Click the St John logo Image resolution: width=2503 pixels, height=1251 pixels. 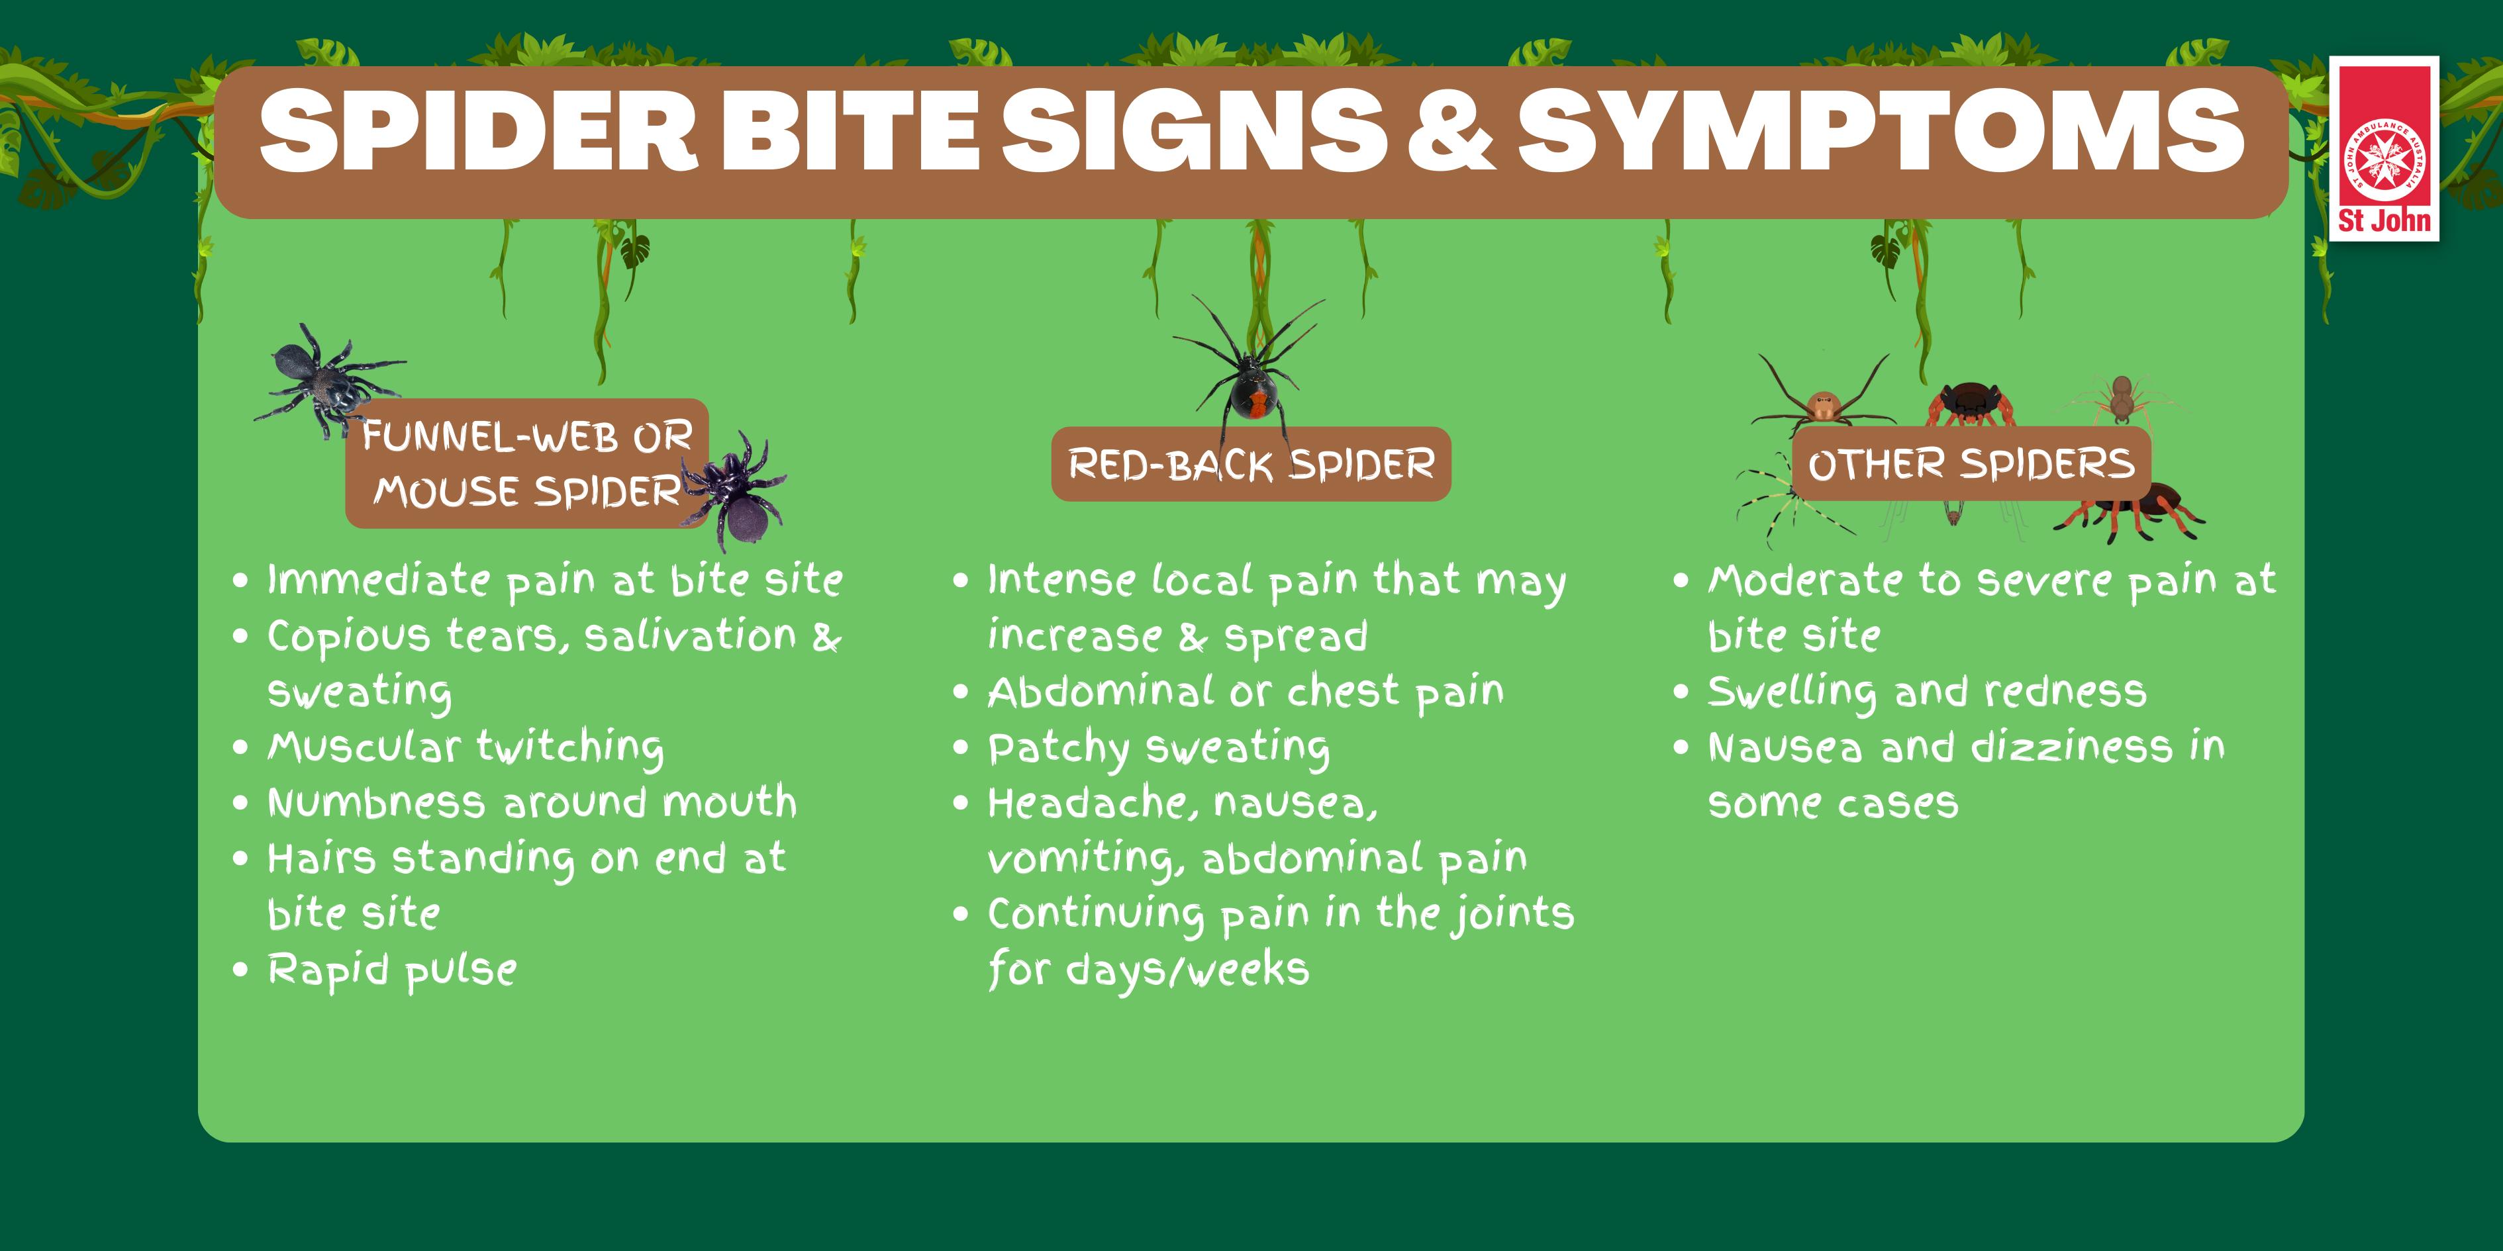pyautogui.click(x=2384, y=149)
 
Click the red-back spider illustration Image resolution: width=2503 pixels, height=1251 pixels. pyautogui.click(x=1251, y=374)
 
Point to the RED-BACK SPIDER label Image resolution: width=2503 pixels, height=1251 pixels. pyautogui.click(x=1251, y=464)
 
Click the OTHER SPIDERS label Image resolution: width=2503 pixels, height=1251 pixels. pyautogui.click(x=1971, y=463)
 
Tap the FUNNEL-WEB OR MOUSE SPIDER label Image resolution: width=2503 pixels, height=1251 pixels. pyautogui.click(x=526, y=464)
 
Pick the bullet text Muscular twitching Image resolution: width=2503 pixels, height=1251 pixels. pyautogui.click(x=466, y=748)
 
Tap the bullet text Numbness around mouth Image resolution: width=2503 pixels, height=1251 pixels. pyautogui.click(x=532, y=804)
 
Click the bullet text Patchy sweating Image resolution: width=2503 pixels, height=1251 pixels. pyautogui.click(x=1158, y=748)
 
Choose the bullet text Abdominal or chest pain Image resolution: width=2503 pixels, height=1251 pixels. pyautogui.click(x=1246, y=692)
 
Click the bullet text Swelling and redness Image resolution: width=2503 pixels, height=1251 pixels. pyautogui.click(x=1927, y=692)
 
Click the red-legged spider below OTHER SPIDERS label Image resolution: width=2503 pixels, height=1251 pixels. pyautogui.click(x=2128, y=515)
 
